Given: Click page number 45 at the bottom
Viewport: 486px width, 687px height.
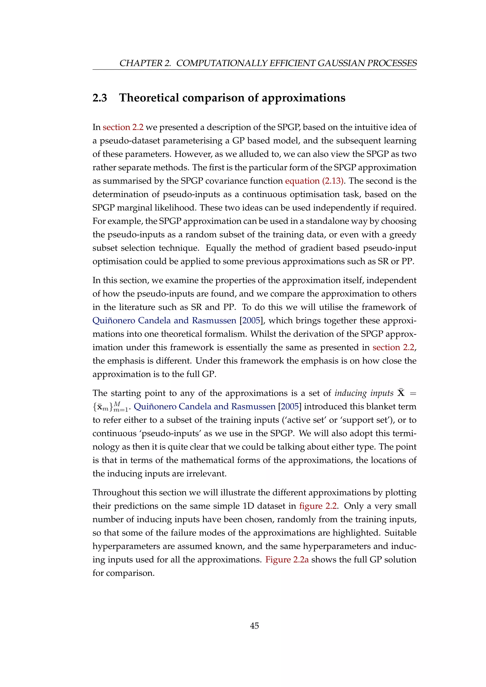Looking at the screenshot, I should [254, 626].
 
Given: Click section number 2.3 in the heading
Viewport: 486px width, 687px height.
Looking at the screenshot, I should [100, 98].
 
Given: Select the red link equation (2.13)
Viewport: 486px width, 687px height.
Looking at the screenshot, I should [314, 181].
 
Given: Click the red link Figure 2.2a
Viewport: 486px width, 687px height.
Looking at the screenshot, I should [287, 560].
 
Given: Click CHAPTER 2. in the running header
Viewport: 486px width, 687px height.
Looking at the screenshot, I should [145, 63].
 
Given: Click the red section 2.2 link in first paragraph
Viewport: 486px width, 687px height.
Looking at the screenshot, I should [123, 127].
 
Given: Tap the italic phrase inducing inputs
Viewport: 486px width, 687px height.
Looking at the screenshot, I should [364, 393].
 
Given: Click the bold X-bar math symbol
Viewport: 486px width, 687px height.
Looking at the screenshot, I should [401, 392].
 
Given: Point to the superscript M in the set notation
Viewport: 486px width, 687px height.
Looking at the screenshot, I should [117, 404].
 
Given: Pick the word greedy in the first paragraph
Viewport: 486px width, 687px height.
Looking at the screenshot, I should [403, 235].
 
